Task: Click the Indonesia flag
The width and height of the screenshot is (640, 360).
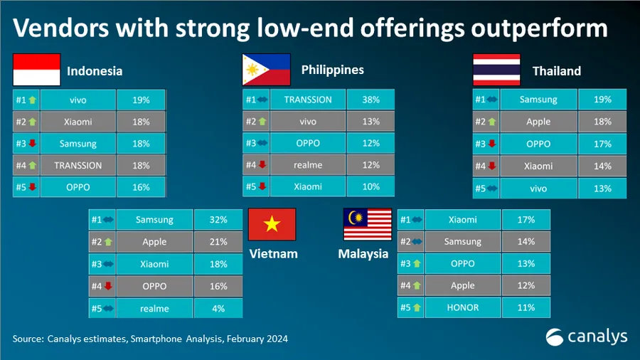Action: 36,70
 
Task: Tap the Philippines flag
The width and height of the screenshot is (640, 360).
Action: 266,70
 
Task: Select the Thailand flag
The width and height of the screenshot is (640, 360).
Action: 496,70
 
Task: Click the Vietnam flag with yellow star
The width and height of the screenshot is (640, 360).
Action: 272,225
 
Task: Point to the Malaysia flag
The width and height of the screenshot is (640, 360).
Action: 368,225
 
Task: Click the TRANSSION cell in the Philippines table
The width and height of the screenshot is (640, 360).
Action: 307,100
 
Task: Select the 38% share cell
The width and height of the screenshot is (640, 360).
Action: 370,100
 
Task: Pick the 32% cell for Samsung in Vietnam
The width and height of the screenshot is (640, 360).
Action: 218,221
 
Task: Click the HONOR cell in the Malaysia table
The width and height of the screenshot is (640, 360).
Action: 463,308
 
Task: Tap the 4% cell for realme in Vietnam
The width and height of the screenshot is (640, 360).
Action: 218,309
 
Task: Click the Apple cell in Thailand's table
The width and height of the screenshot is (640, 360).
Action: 538,122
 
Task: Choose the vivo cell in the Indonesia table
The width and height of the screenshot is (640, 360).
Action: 78,100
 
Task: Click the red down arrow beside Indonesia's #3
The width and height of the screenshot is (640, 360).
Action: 32,144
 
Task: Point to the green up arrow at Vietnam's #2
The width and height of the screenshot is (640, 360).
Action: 108,243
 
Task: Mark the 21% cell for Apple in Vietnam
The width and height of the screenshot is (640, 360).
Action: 218,243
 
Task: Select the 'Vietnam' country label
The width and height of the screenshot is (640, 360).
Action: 273,254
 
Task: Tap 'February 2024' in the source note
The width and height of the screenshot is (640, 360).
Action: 257,339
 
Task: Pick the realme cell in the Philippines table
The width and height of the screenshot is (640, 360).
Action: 307,165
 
